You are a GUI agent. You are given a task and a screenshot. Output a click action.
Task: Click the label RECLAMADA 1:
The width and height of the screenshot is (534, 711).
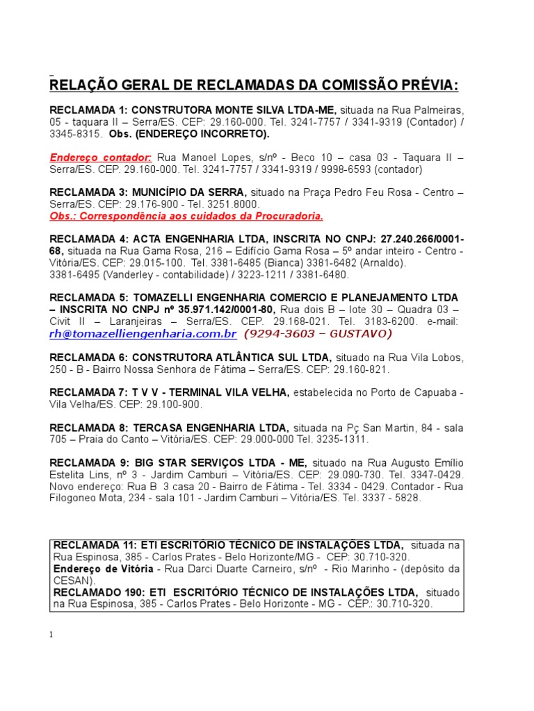tap(88, 110)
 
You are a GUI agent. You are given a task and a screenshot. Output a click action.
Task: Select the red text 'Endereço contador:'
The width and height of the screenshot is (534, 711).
tap(101, 157)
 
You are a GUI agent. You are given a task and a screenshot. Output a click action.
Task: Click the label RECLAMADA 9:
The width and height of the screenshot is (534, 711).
tap(88, 463)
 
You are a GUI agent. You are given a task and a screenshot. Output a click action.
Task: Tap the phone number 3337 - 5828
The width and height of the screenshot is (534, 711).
tap(389, 498)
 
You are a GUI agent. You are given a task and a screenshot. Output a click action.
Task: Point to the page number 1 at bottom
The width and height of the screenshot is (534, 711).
tap(51, 635)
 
